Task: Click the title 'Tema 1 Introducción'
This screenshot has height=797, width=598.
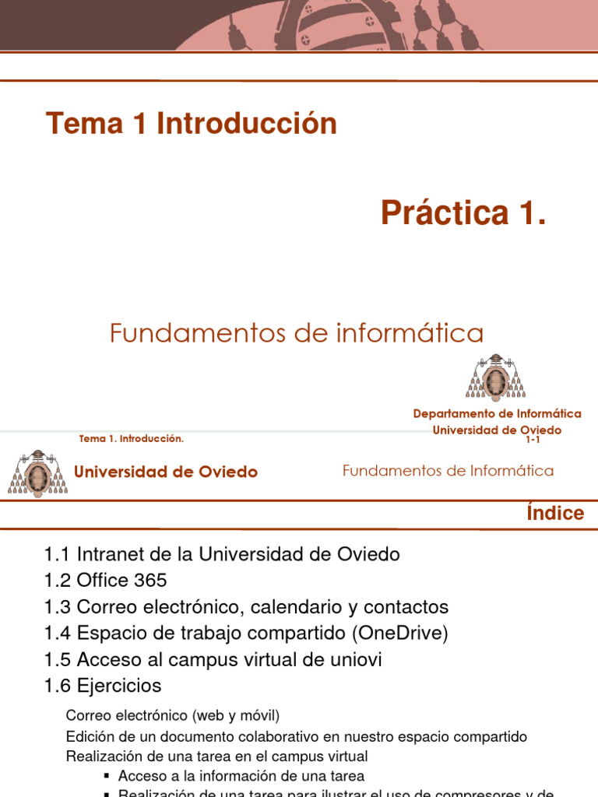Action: [192, 124]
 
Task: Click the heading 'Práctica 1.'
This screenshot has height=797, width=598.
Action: [463, 212]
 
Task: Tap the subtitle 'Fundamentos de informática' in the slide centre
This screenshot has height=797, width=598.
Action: [297, 334]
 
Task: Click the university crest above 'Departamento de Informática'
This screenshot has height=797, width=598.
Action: [496, 377]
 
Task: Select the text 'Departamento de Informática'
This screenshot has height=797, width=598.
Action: [497, 414]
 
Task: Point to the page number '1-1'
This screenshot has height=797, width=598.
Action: [533, 441]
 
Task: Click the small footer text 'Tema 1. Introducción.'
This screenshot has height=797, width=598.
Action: [132, 439]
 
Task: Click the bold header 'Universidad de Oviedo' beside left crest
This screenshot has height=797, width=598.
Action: [165, 472]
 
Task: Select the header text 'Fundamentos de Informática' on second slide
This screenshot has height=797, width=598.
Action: [448, 471]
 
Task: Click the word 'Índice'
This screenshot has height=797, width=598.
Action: [555, 513]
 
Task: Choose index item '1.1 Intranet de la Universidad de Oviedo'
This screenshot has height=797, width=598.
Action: [222, 555]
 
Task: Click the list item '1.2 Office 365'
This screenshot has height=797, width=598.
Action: [106, 581]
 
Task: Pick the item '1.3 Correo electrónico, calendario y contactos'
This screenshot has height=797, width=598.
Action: [246, 607]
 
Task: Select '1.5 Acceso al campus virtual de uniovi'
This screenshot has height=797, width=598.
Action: [213, 660]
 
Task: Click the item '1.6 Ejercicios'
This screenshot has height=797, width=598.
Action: [103, 686]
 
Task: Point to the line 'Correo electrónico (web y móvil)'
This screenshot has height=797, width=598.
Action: [172, 715]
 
